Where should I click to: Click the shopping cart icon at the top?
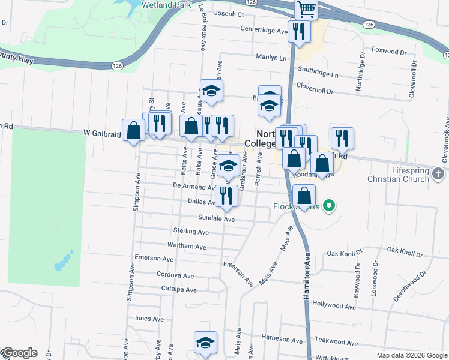tap(306, 9)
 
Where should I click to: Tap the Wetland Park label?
tap(166, 5)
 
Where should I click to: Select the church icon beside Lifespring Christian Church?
tap(438, 174)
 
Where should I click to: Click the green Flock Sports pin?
tap(328, 206)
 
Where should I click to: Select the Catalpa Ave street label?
tap(179, 290)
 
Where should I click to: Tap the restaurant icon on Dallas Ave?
tap(226, 196)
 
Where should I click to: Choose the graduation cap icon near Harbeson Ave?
tap(205, 343)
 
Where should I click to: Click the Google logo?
tap(19, 353)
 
